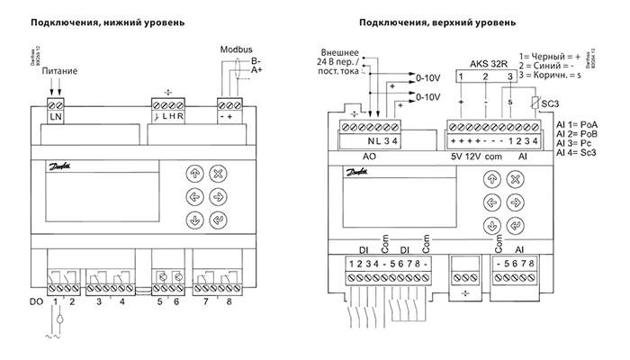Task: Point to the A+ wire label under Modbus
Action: pos(258,69)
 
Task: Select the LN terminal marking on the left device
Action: pos(54,118)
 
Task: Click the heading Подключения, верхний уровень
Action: pos(437,21)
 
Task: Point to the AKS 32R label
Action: pos(489,66)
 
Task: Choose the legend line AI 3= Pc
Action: pos(574,143)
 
